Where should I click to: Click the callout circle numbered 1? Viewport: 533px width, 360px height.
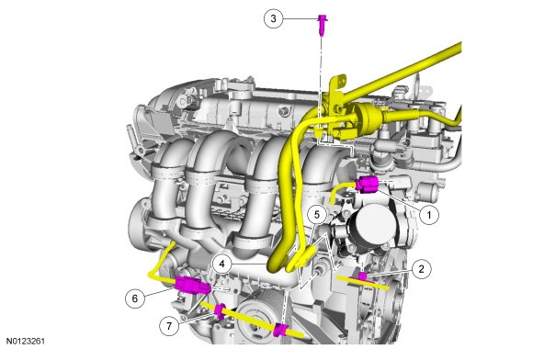click(429, 215)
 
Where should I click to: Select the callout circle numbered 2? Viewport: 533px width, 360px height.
click(422, 269)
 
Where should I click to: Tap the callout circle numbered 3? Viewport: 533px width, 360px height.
click(273, 18)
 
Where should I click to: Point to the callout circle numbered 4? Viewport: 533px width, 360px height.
click(222, 264)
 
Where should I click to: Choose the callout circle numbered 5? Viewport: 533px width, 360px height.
click(317, 215)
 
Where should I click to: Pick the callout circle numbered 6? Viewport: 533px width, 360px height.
click(135, 298)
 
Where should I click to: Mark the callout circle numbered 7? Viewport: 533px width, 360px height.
click(169, 326)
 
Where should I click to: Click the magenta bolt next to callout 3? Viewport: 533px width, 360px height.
click(322, 24)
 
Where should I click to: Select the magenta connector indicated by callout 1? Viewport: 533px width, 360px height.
click(367, 184)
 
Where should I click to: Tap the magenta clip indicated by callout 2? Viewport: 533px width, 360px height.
click(363, 276)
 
